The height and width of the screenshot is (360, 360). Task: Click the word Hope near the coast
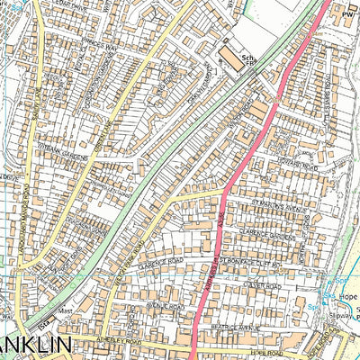pyautogui.click(x=349, y=294)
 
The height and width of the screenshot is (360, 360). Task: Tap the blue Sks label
pyautogui.click(x=328, y=294)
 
